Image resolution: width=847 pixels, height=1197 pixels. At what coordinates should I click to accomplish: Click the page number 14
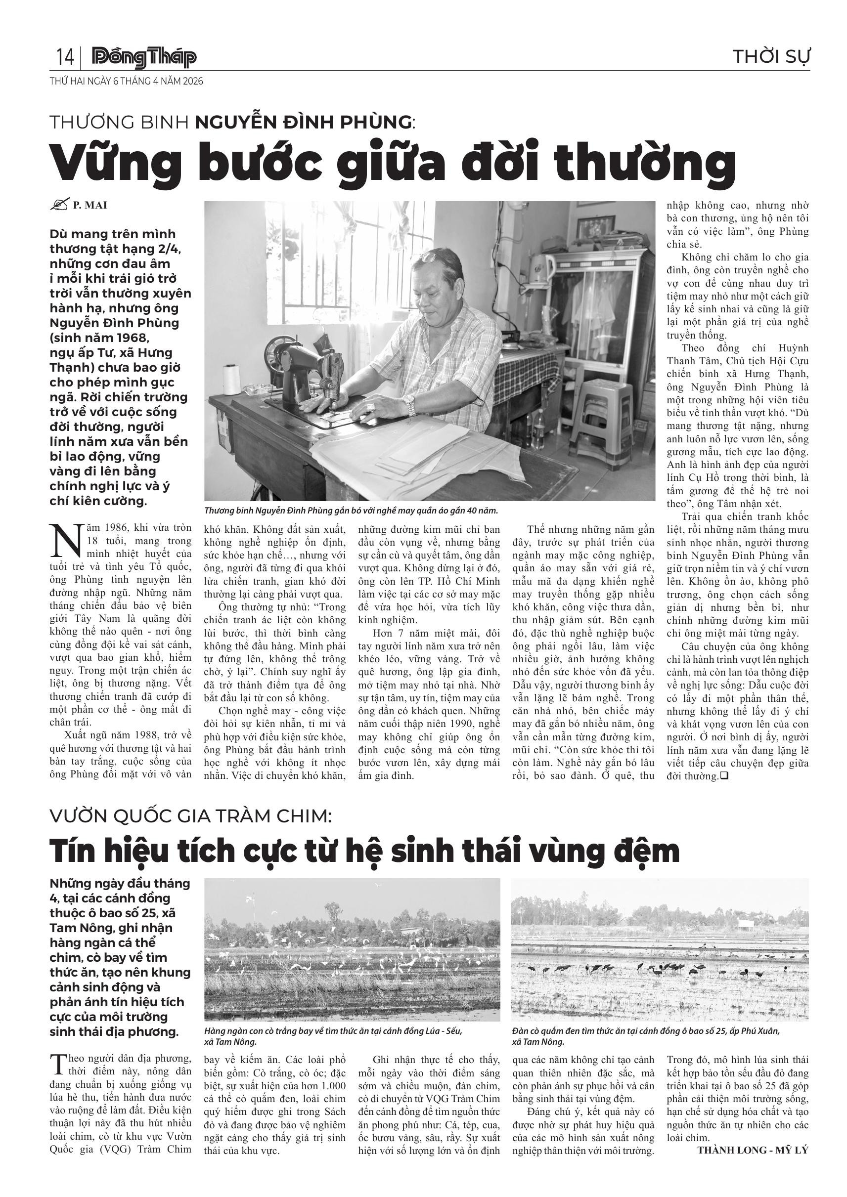[x=65, y=57]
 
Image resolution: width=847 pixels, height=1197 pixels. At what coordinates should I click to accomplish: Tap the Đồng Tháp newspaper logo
[x=144, y=57]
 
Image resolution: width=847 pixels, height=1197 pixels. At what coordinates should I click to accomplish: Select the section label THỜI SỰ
[x=771, y=56]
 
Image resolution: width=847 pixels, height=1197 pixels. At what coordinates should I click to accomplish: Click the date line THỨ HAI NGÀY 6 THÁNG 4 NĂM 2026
[x=126, y=82]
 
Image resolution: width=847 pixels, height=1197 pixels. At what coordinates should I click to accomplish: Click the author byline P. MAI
[x=89, y=206]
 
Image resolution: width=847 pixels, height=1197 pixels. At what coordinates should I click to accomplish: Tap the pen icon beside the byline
[x=59, y=205]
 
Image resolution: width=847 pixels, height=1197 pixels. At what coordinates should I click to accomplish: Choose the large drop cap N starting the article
[x=65, y=541]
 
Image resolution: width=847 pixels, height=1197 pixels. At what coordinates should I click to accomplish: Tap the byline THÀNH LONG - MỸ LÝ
[x=753, y=1150]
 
